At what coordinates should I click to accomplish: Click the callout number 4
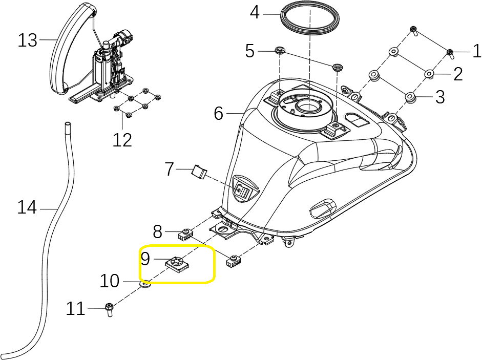tap(255, 12)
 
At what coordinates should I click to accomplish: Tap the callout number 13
tap(28, 40)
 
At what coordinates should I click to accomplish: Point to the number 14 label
tap(27, 208)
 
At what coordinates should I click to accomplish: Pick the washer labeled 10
tap(145, 283)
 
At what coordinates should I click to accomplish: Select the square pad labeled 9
tap(177, 264)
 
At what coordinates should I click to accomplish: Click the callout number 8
tap(157, 231)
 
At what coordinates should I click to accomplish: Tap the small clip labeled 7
tap(198, 172)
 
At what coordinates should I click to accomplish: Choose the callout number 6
tap(219, 113)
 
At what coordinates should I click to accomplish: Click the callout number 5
tap(249, 51)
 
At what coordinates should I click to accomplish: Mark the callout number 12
tap(122, 139)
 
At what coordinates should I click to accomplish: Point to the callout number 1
tap(476, 51)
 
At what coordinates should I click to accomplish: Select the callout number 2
tap(457, 74)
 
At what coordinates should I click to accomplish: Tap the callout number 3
tap(440, 97)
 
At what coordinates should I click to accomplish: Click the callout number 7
tap(170, 169)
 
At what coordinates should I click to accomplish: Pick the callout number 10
tap(109, 281)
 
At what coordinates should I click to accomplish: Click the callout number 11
tap(75, 309)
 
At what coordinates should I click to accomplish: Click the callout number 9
tap(145, 259)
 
